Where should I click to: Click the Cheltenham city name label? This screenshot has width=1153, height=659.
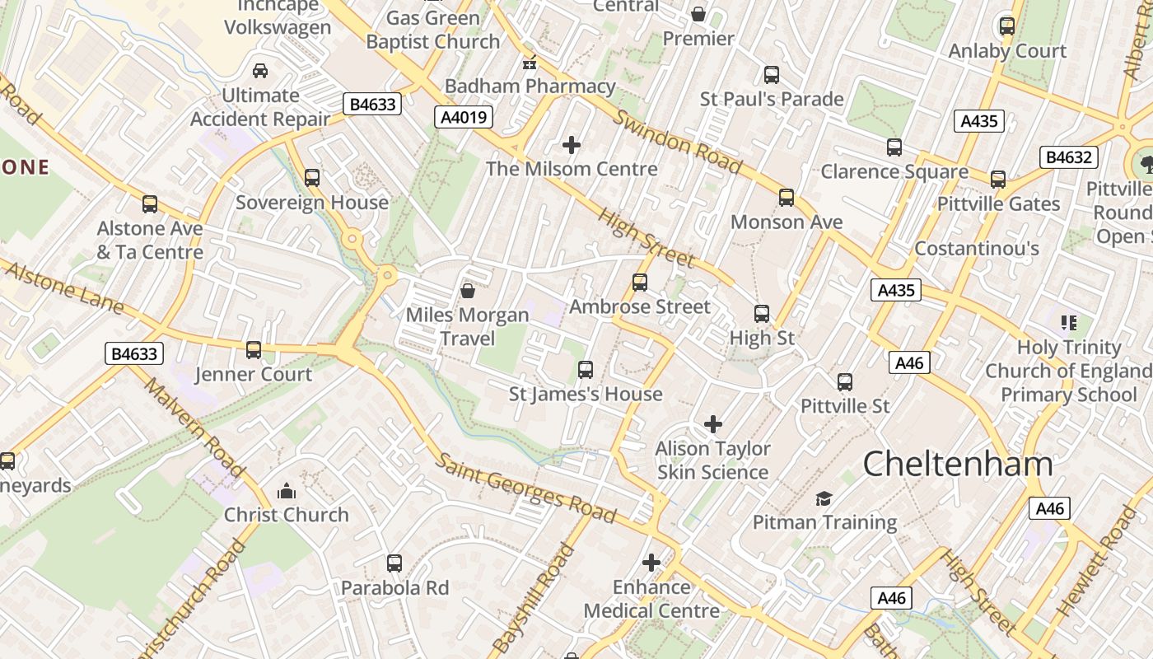coord(958,465)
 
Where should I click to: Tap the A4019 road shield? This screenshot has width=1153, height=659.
coord(464,117)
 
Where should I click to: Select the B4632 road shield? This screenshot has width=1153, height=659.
coord(1069,157)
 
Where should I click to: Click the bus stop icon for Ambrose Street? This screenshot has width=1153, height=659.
coord(640,283)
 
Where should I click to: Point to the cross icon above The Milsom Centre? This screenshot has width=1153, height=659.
coord(572,146)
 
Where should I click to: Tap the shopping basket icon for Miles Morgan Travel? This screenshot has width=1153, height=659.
coord(468,291)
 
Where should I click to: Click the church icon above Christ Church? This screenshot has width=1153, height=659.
coord(287,492)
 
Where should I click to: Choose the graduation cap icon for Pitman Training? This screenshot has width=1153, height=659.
coord(824,498)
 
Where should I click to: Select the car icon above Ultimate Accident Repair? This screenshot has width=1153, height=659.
coord(260,71)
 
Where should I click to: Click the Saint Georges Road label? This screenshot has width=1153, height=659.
coord(525,488)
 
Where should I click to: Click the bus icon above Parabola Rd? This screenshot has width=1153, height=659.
coord(394,563)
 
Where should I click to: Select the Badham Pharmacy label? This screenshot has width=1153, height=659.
coord(530,86)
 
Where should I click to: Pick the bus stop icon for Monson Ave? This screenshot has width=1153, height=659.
coord(787,198)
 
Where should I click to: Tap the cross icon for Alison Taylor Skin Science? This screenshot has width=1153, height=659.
coord(713,424)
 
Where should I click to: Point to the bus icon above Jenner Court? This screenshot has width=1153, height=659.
coord(254,350)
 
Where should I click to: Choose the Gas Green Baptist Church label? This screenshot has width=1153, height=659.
coord(433,30)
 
